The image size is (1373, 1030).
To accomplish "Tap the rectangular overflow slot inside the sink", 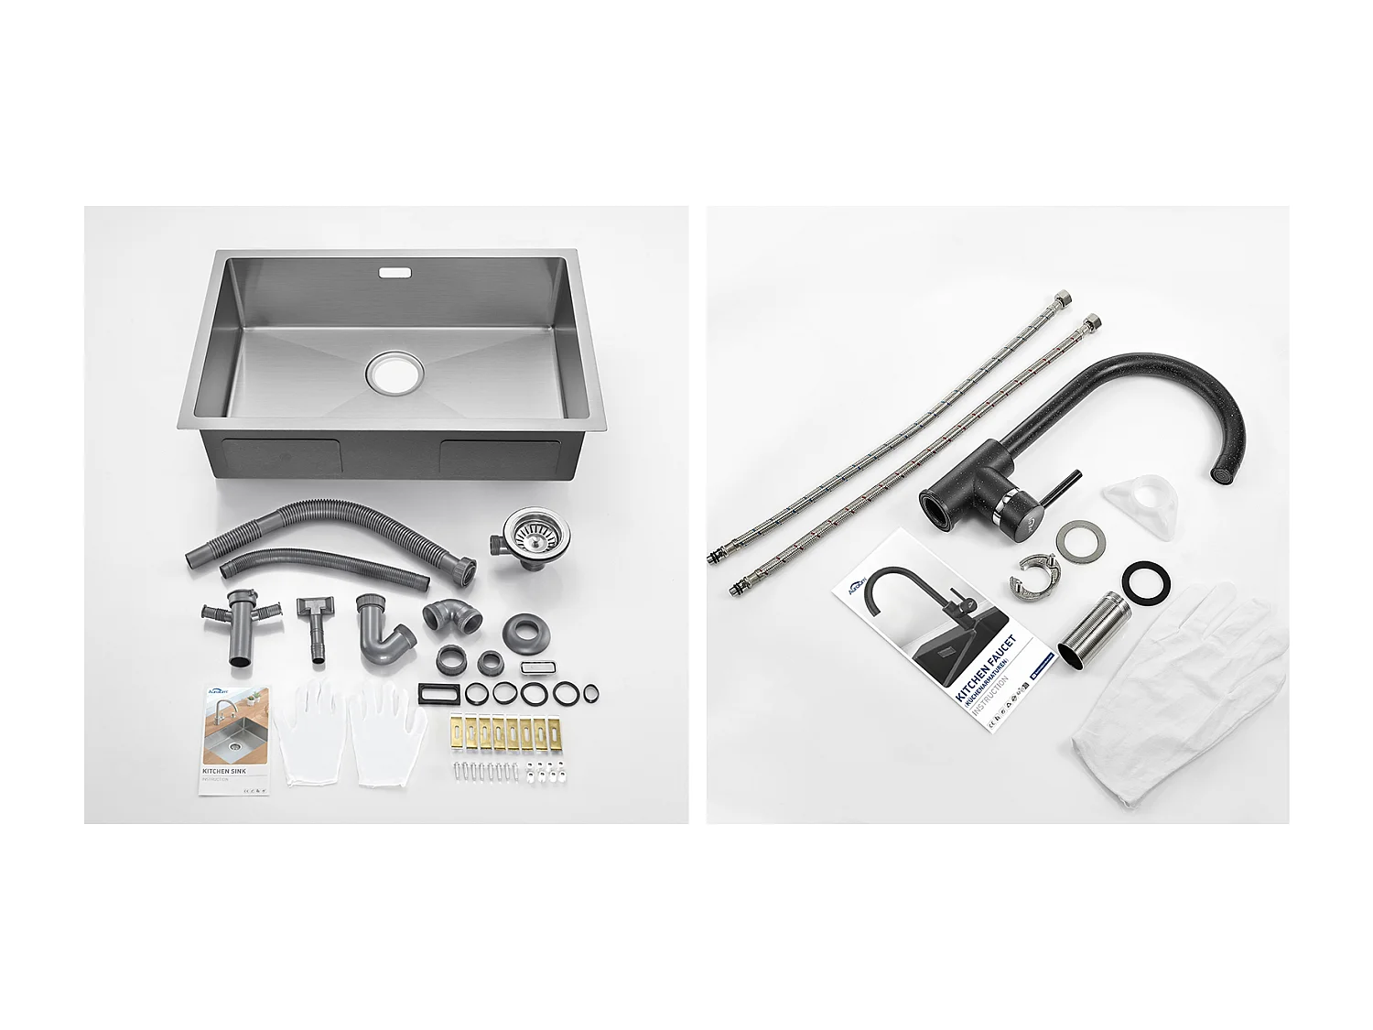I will click(395, 272).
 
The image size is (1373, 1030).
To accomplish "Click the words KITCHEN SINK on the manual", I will click(223, 772).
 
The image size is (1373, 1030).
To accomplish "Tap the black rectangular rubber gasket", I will click(439, 692).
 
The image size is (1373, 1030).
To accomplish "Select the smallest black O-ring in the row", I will click(591, 693).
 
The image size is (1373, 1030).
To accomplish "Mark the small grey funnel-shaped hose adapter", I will click(315, 623).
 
